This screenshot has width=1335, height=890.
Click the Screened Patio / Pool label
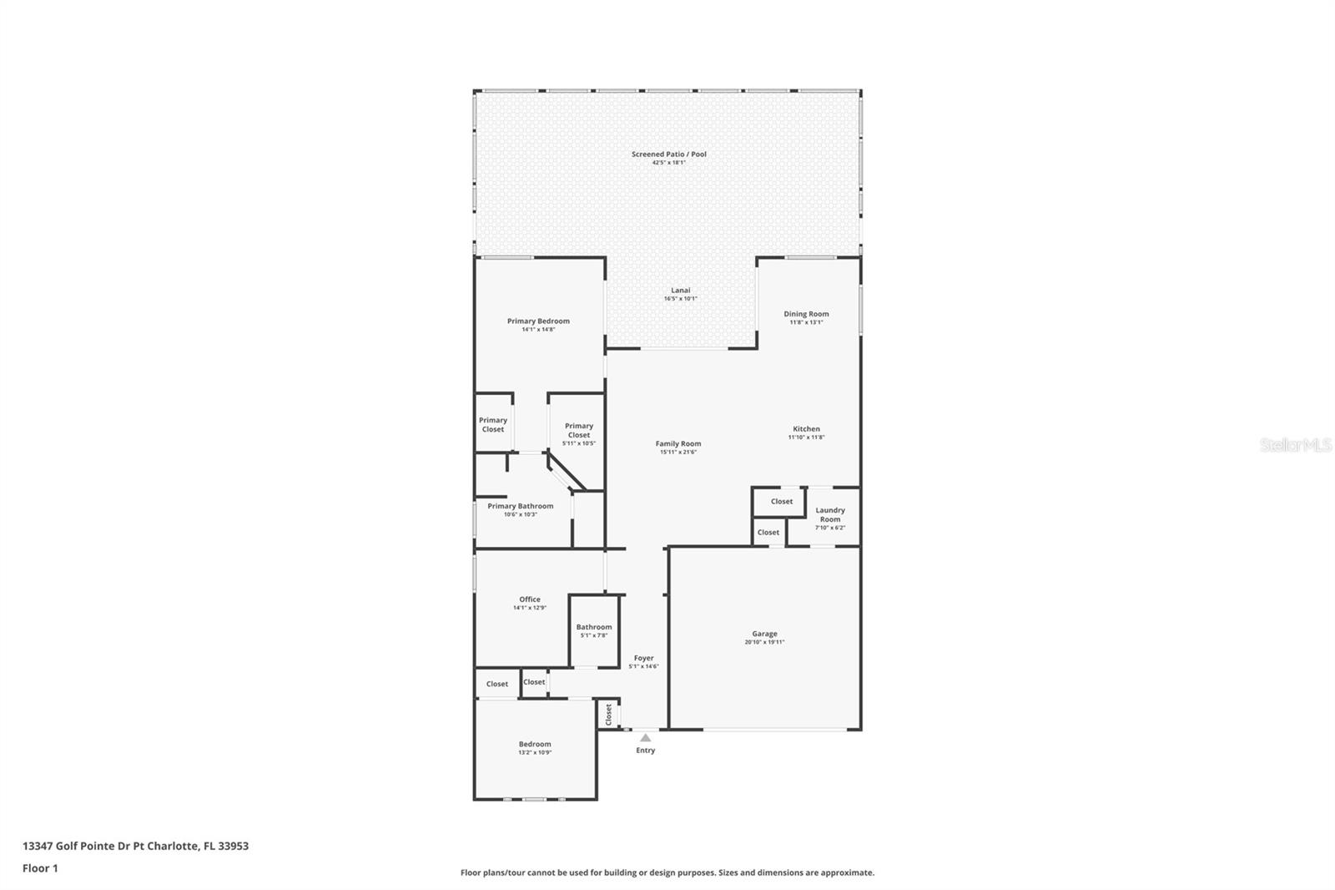(x=668, y=154)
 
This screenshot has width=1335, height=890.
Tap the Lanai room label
(x=680, y=291)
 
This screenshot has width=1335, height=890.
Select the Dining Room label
(x=806, y=315)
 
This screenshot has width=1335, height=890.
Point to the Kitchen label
(x=806, y=429)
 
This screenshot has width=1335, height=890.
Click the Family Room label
(x=678, y=444)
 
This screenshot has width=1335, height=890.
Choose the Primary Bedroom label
(x=538, y=321)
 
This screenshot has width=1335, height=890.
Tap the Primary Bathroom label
(x=520, y=506)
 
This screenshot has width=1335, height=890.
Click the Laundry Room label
(x=829, y=514)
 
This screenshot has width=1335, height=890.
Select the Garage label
(x=764, y=635)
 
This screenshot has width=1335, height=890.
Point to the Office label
(x=529, y=599)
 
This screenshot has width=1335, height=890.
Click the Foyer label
(x=643, y=659)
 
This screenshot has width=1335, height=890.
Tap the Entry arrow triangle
(x=645, y=737)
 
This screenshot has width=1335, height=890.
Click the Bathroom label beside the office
(x=593, y=627)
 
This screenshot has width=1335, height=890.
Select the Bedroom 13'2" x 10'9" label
(x=534, y=745)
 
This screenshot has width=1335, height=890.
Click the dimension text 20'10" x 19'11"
(x=764, y=642)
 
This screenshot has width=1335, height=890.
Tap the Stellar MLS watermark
(x=1295, y=445)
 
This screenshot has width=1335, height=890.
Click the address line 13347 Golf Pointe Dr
(x=135, y=846)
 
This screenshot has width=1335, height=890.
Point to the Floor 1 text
(x=40, y=868)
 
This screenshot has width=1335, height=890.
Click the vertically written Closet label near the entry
(x=608, y=715)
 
